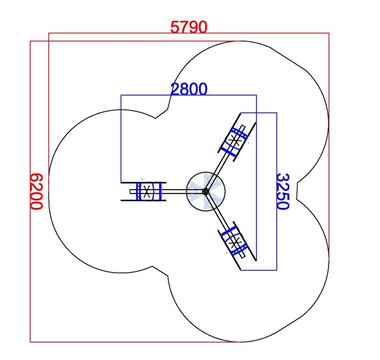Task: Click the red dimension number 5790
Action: point(189,27)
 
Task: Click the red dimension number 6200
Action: point(36,191)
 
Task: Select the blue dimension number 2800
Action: point(189,89)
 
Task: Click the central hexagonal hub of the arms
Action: point(206,191)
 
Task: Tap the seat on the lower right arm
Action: point(235,242)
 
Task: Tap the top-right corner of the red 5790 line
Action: point(329,33)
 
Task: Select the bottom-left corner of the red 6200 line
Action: point(30,342)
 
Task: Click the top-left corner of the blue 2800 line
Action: point(121,95)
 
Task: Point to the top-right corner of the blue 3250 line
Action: point(277,113)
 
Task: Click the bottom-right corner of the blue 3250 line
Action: point(277,270)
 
